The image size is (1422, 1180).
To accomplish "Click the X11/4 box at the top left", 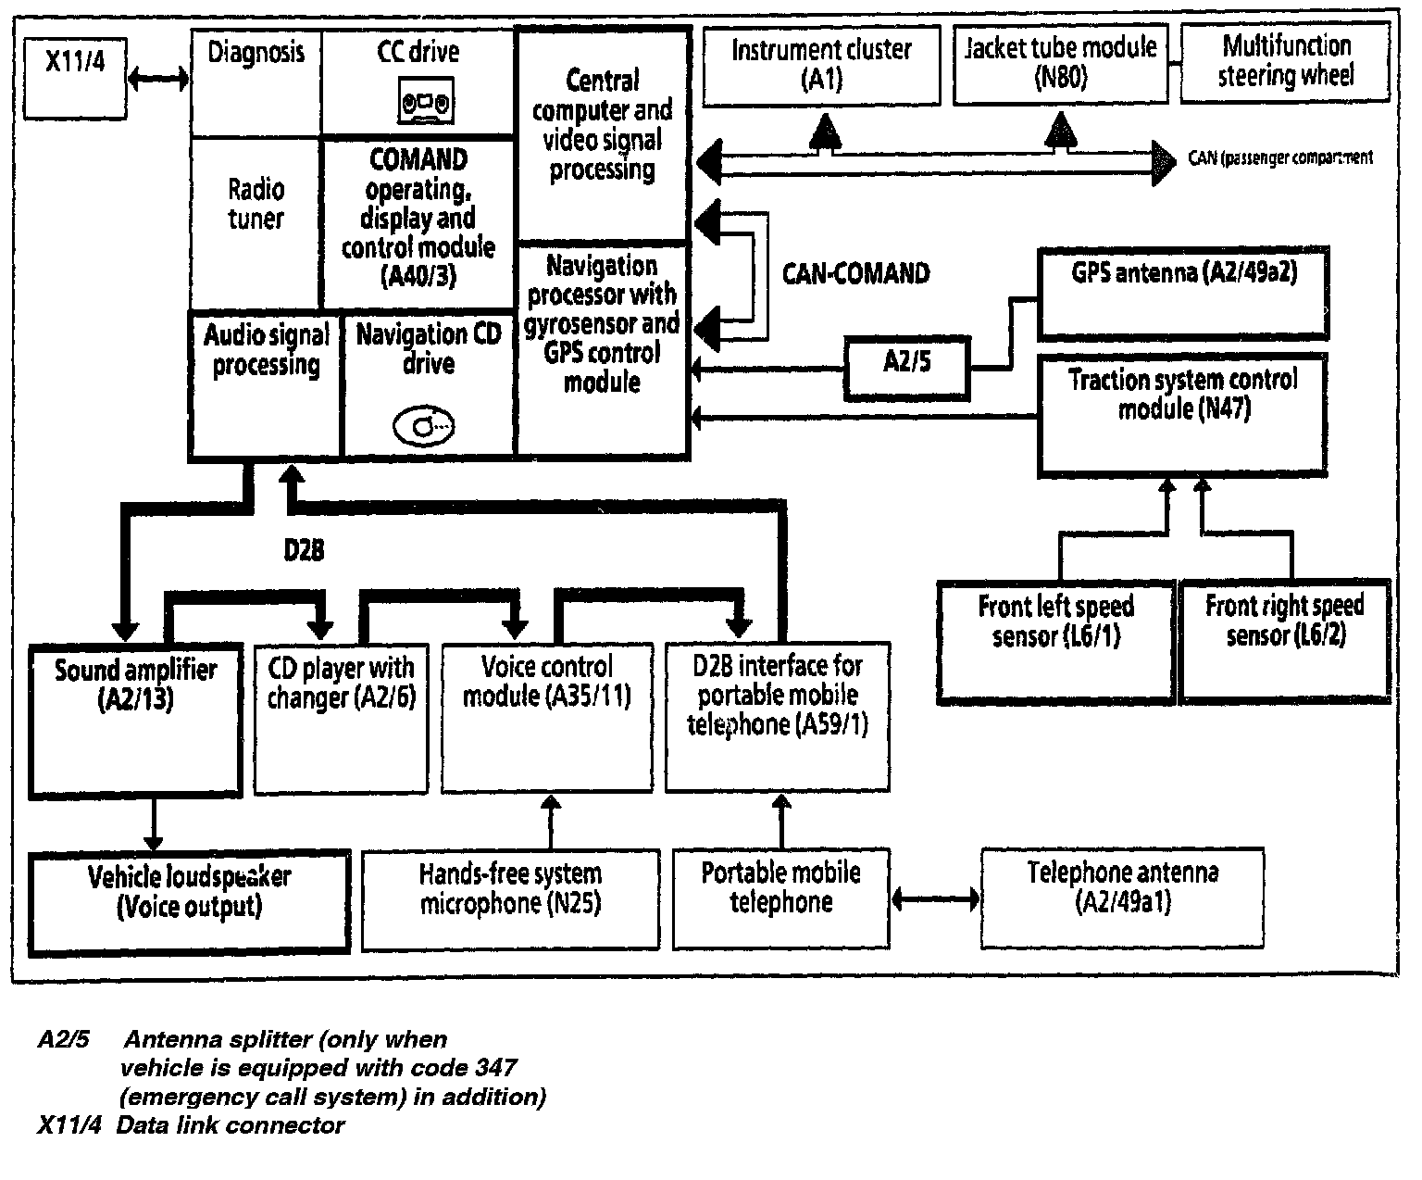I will [75, 77].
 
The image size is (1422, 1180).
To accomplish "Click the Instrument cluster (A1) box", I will [821, 65].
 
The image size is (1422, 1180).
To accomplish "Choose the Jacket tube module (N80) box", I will [1060, 63].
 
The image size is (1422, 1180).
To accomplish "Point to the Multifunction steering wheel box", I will [1285, 61].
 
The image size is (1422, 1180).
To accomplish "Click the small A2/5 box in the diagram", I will [906, 367].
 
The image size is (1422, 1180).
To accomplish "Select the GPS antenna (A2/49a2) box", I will [1183, 291].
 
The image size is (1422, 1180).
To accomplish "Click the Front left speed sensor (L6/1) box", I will [1055, 638].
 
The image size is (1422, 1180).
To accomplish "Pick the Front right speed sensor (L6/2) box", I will [1285, 638].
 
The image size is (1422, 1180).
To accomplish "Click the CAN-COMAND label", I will [855, 273].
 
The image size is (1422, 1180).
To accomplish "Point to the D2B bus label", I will [304, 550].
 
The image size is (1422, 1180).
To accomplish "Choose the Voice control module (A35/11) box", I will [546, 719].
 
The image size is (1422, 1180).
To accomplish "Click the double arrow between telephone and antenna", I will [935, 898].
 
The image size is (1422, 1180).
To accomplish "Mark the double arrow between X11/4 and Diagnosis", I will [157, 79].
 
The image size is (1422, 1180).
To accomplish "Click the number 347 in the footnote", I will [492, 1068].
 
